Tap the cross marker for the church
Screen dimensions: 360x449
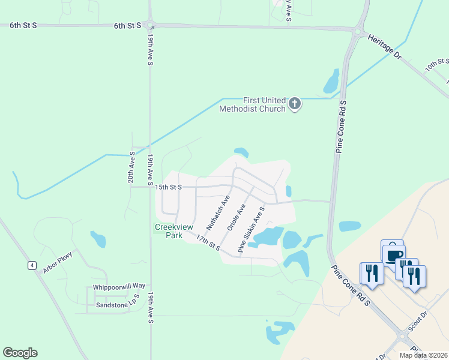[x=294, y=104]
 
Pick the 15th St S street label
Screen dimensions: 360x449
[x=169, y=187]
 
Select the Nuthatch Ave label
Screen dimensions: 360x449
[x=218, y=212]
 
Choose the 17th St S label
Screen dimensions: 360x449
[x=208, y=242]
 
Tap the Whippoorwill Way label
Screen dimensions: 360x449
[x=119, y=287]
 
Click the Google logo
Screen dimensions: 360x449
[x=20, y=353]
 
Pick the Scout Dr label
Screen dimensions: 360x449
[x=417, y=319]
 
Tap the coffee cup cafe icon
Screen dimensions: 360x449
[x=394, y=256]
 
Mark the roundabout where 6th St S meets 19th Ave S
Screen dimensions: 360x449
[x=150, y=25]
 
